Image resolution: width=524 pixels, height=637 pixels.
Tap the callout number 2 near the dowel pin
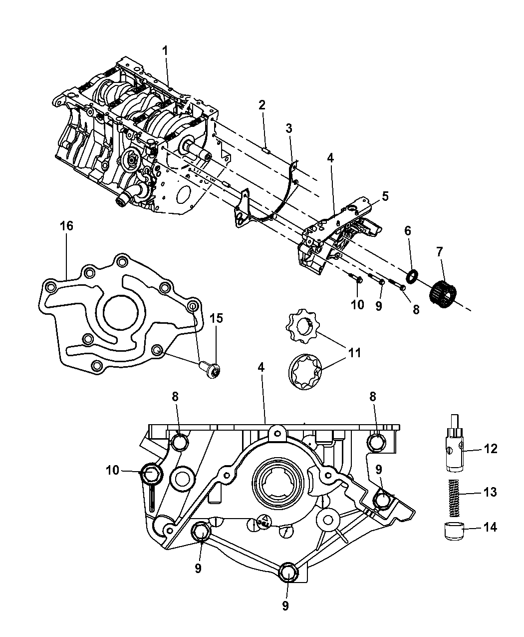pyautogui.click(x=262, y=105)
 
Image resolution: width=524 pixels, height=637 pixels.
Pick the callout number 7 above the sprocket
pyautogui.click(x=440, y=252)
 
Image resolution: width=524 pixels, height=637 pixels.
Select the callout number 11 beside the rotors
pyautogui.click(x=354, y=353)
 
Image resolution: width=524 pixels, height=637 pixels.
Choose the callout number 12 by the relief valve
pyautogui.click(x=491, y=449)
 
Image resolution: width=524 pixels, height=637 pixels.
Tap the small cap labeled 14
pyautogui.click(x=452, y=531)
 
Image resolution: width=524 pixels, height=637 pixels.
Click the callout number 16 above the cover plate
pyautogui.click(x=66, y=226)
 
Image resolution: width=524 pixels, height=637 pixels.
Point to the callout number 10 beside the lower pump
pyautogui.click(x=113, y=470)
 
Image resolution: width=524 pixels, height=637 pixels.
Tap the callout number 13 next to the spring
pyautogui.click(x=490, y=492)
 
